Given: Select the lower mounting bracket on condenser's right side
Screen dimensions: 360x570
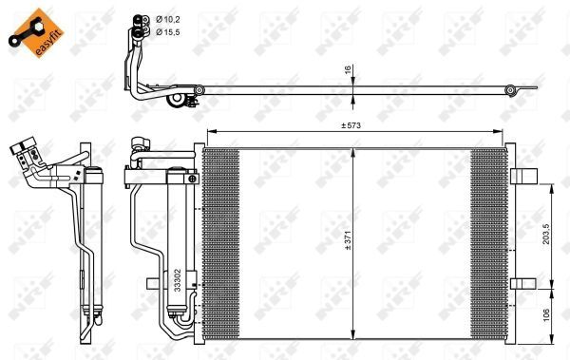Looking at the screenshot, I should (x=522, y=283).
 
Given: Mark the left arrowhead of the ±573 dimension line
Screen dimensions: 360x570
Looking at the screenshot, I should (x=210, y=132).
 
